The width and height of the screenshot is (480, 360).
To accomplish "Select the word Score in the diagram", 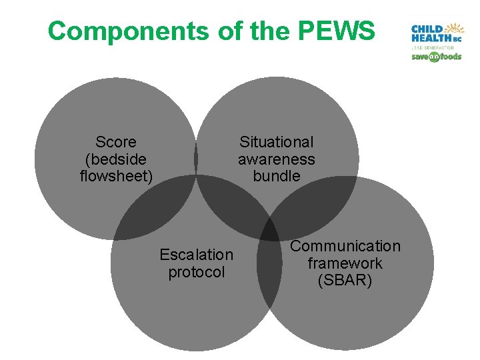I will tap(116, 142).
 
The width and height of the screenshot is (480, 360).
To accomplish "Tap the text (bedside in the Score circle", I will tap(116, 159).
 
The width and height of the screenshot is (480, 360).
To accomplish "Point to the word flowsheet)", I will tap(116, 177).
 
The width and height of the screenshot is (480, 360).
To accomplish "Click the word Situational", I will tap(276, 142).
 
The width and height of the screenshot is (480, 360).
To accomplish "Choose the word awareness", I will tap(276, 159).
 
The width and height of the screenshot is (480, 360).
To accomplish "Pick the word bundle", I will tap(276, 177).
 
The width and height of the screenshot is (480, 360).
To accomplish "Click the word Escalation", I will tap(197, 255).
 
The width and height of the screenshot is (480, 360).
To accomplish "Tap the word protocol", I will tap(197, 272).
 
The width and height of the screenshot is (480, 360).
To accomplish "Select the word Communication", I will tap(345, 247).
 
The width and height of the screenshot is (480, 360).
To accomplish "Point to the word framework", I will tap(345, 263).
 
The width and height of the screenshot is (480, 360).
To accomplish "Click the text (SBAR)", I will tap(345, 281).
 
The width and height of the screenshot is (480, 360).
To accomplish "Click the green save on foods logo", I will tap(436, 57).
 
